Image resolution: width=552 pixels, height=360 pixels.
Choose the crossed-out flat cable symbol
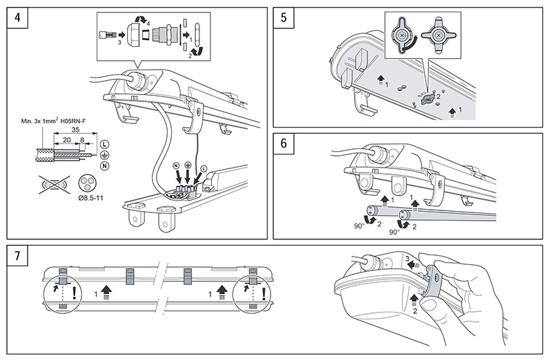[x=53, y=184]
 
